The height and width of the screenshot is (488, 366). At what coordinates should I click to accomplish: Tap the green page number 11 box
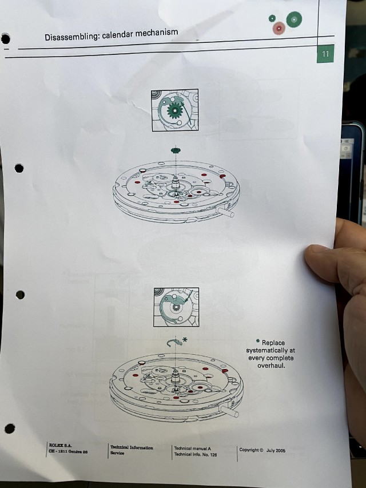click(325, 54)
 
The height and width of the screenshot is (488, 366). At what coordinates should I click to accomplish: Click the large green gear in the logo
click(294, 19)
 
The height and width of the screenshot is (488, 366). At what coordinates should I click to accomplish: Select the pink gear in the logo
click(279, 29)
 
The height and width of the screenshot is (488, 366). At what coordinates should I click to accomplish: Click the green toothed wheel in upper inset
click(174, 110)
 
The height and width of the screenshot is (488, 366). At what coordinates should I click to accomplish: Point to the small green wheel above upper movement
click(176, 150)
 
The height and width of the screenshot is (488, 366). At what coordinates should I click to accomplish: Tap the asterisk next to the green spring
click(185, 339)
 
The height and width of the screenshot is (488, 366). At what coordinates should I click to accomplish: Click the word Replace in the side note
click(273, 343)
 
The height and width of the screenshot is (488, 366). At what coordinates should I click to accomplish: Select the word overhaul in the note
click(271, 365)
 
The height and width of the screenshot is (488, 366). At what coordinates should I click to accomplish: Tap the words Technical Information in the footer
click(132, 447)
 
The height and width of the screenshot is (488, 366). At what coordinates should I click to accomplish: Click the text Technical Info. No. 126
click(196, 454)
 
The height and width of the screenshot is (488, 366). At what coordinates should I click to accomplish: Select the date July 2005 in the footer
click(276, 450)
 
